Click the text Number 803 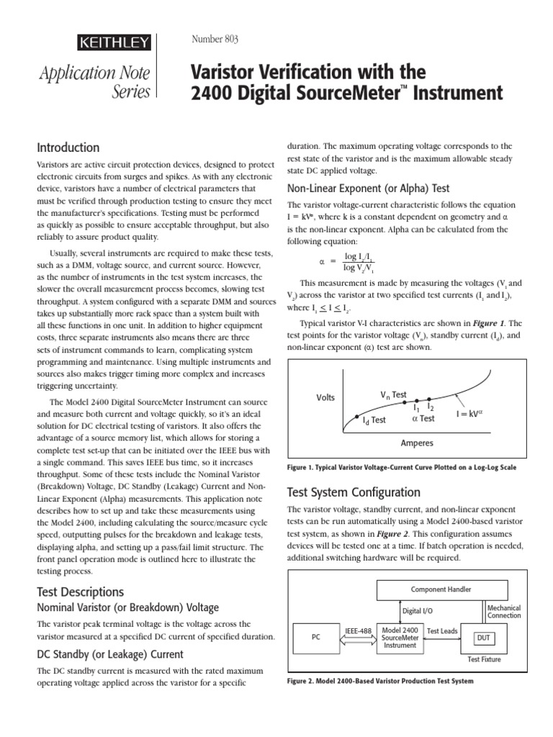click(215, 39)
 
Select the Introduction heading click(68, 148)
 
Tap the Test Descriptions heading click(80, 592)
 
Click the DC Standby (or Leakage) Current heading click(109, 654)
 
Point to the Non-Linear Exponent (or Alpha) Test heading click(368, 189)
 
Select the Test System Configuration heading click(354, 493)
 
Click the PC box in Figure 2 click(315, 637)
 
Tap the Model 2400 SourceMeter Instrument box click(400, 637)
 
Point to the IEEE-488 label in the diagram click(358, 631)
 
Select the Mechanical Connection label click(504, 612)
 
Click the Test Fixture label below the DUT click(484, 659)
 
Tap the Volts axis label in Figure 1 click(325, 398)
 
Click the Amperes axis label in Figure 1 click(417, 443)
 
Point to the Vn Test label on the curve click(394, 395)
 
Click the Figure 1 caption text click(401, 467)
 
